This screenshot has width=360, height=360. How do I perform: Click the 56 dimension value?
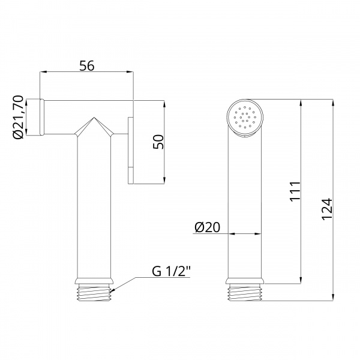tap(87, 65)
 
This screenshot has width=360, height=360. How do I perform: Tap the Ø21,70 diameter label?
tap(19, 117)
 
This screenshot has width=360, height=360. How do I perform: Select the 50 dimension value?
tap(158, 142)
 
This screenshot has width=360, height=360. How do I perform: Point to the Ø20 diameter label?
tap(207, 227)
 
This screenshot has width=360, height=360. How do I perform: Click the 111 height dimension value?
tap(295, 192)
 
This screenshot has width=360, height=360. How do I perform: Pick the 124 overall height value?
tap(327, 209)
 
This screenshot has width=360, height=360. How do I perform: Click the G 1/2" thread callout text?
tap(171, 271)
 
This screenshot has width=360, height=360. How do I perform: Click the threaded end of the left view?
tap(94, 292)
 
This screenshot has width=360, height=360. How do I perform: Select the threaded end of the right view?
tap(245, 292)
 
